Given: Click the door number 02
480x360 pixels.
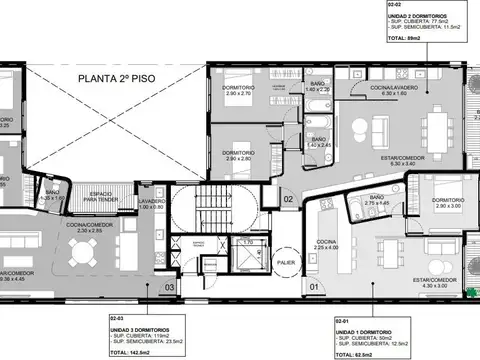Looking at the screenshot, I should pos(287,200).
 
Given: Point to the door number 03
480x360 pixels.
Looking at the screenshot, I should pos(171,288).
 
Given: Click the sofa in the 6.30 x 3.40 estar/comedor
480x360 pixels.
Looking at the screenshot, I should pos(378,130).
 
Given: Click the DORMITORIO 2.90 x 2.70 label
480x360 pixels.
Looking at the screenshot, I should pos(238,90).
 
